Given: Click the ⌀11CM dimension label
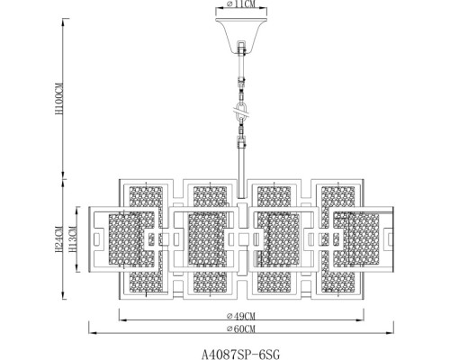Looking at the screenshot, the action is [241, 4].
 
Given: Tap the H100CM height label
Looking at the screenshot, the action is [59, 98].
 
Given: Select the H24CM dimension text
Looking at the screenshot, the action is [59, 239].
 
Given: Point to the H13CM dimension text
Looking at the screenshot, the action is [73, 239].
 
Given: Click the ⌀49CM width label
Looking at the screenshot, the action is [241, 316].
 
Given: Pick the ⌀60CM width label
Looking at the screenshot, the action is [241, 328].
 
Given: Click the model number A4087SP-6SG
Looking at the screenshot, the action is [240, 355].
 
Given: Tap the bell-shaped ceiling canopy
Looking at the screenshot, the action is [241, 35].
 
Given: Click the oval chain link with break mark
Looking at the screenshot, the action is [241, 112].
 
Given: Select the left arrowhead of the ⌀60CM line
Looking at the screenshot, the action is [93, 333].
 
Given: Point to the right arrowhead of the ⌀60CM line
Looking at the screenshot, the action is [390, 333].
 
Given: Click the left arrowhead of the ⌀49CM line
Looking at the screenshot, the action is [123, 320].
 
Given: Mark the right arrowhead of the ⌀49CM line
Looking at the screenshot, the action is [360, 320].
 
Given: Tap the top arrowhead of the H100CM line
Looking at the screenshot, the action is [63, 22].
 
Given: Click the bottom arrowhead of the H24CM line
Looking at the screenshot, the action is [63, 295].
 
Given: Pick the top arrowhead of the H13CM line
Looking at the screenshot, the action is [77, 211].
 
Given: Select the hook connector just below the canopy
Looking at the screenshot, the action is [241, 49].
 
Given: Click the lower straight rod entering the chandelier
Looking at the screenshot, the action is [241, 171].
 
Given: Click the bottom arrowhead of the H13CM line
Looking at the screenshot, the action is [77, 268].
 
